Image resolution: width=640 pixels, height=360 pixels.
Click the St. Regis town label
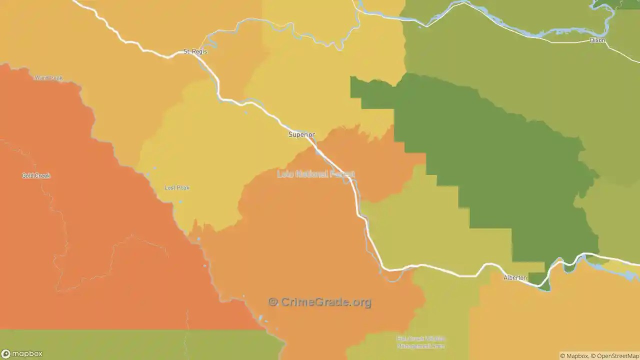click(195, 51)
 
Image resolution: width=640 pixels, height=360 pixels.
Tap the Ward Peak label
click(48, 78)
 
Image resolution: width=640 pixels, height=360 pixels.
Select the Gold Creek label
click(36, 175)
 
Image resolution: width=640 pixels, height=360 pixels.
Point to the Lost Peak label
click(177, 187)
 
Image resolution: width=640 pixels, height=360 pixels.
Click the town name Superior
click(301, 134)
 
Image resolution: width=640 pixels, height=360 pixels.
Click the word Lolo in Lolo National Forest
click(285, 174)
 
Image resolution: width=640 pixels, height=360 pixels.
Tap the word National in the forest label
click(312, 174)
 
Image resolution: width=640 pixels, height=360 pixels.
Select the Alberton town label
click(515, 277)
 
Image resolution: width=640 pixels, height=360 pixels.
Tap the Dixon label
click(597, 40)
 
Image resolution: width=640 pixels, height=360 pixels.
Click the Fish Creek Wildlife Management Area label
click(420, 342)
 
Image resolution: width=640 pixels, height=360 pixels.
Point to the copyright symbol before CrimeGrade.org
click(273, 302)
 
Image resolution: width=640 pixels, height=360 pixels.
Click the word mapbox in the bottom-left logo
click(27, 354)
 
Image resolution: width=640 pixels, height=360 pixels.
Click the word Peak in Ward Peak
click(55, 78)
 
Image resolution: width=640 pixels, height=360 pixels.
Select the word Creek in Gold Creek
click(42, 175)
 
